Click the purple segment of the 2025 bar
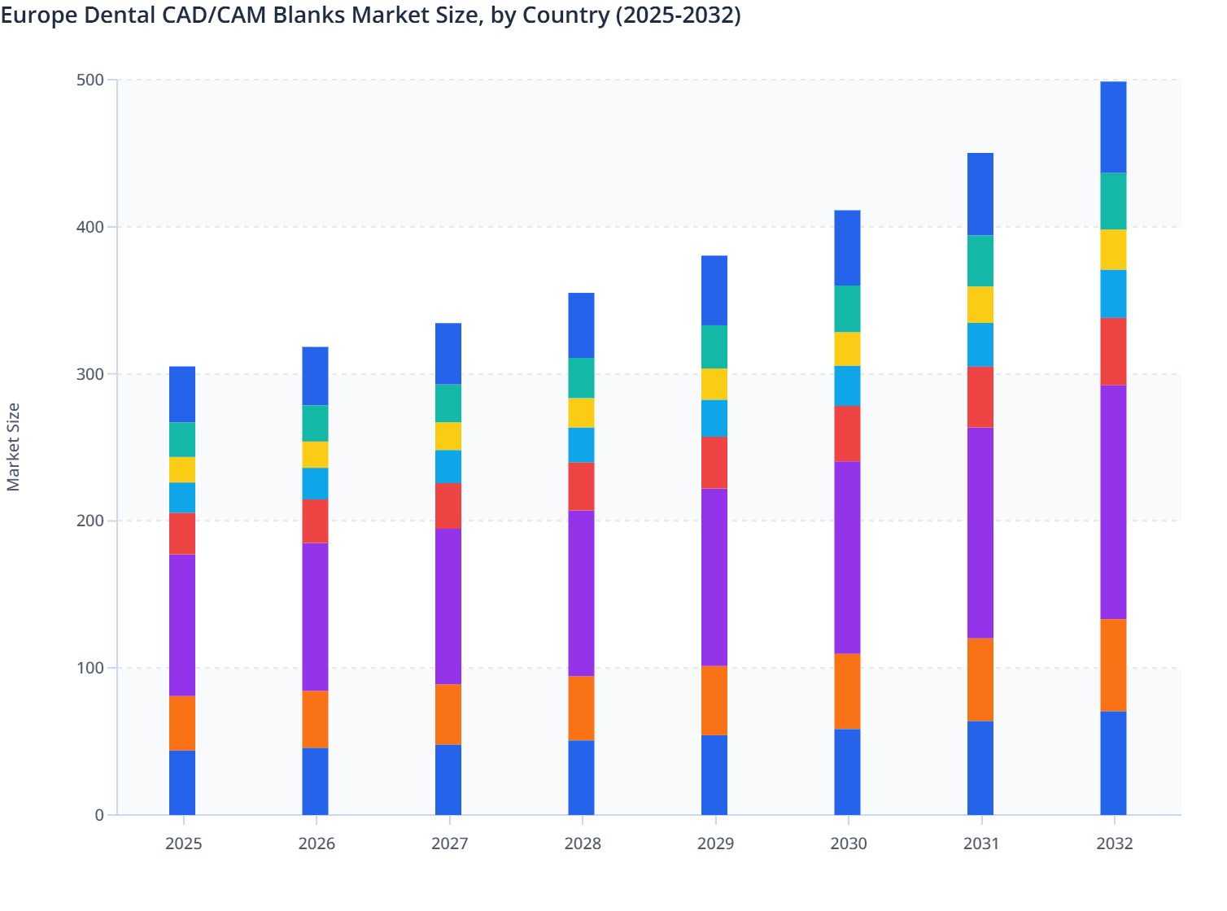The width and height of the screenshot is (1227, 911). (x=182, y=625)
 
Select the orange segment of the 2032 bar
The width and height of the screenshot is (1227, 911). (x=1113, y=665)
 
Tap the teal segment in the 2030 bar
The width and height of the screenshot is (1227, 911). (x=847, y=309)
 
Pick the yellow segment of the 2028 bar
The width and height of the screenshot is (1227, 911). (x=581, y=412)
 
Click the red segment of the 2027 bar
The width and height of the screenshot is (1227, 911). (x=448, y=505)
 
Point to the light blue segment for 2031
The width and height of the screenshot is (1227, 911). (x=980, y=345)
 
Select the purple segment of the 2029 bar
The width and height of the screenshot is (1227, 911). (x=714, y=577)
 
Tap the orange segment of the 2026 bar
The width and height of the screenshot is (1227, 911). (x=315, y=719)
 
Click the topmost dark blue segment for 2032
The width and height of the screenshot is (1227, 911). (x=1113, y=127)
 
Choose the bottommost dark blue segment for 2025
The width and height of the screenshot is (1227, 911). (x=182, y=782)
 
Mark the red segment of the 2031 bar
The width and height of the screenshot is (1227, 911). (x=980, y=397)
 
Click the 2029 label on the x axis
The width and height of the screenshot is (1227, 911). (x=715, y=843)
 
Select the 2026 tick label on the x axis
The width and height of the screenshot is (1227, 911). (x=317, y=843)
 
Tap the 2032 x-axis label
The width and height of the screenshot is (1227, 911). (x=1114, y=843)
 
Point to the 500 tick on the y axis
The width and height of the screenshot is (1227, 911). (x=90, y=80)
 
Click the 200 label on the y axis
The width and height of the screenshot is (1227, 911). (x=90, y=521)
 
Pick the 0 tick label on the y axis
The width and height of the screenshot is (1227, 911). (x=99, y=815)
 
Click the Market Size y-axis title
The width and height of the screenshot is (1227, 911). (x=14, y=447)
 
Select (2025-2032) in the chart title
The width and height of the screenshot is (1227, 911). (x=678, y=15)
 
